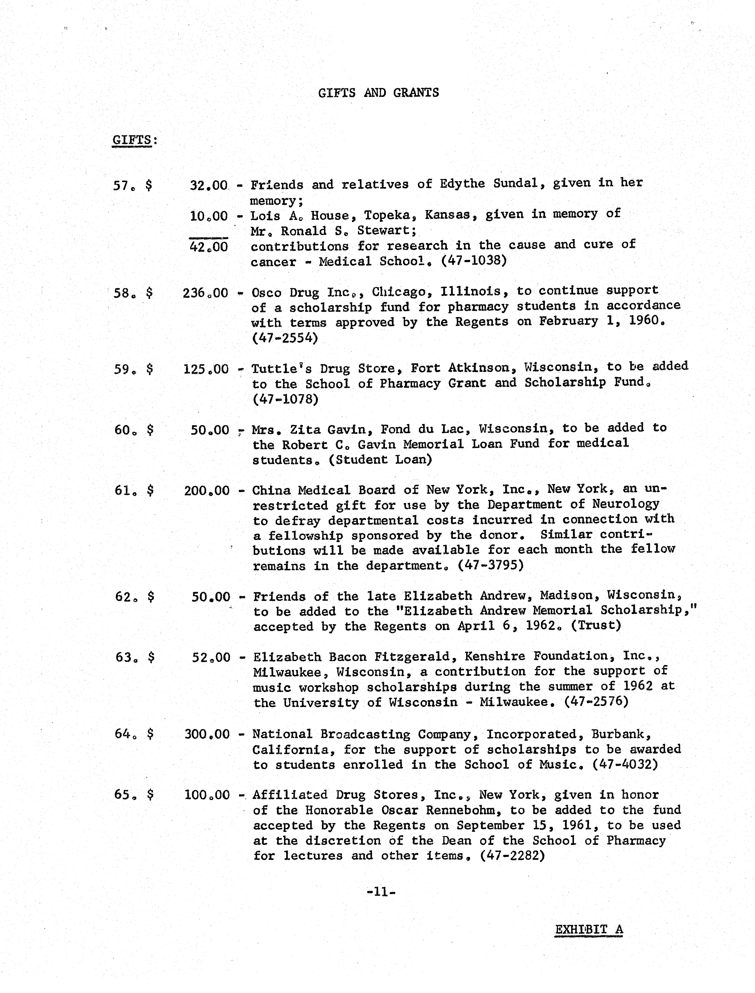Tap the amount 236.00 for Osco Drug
coord(205,293)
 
